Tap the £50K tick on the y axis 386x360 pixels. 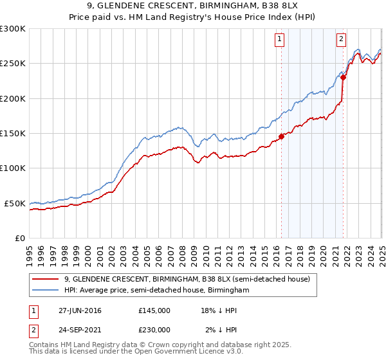pyautogui.click(x=15, y=203)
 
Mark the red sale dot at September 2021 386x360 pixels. pyautogui.click(x=343, y=78)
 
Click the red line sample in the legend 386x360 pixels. pyautogui.click(x=45, y=280)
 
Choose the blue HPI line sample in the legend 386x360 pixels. pyautogui.click(x=45, y=291)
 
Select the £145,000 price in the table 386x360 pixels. pyautogui.click(x=154, y=310)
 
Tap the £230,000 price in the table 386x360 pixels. pyautogui.click(x=154, y=330)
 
